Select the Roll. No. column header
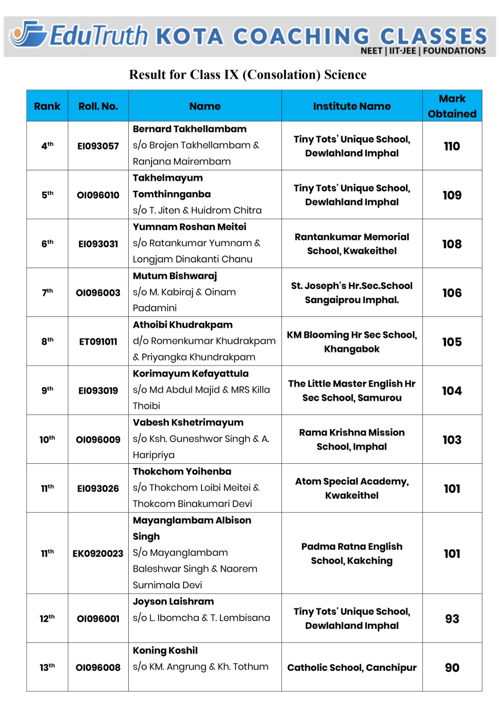point(98,106)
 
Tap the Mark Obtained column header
point(452,106)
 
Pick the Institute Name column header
point(351,106)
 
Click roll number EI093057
point(98,146)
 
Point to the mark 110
point(452,146)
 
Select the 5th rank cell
point(47,195)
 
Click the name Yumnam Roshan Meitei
point(189,227)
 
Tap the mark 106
point(452,293)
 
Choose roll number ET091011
point(98,342)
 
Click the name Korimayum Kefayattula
point(191,373)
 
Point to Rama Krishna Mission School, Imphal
point(351,439)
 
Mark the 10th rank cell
point(47,439)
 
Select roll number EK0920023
point(98,554)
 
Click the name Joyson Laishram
point(173,602)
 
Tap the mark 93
point(452,619)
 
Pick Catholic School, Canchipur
point(351,668)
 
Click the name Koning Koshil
point(165,650)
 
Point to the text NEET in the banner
point(371,51)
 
